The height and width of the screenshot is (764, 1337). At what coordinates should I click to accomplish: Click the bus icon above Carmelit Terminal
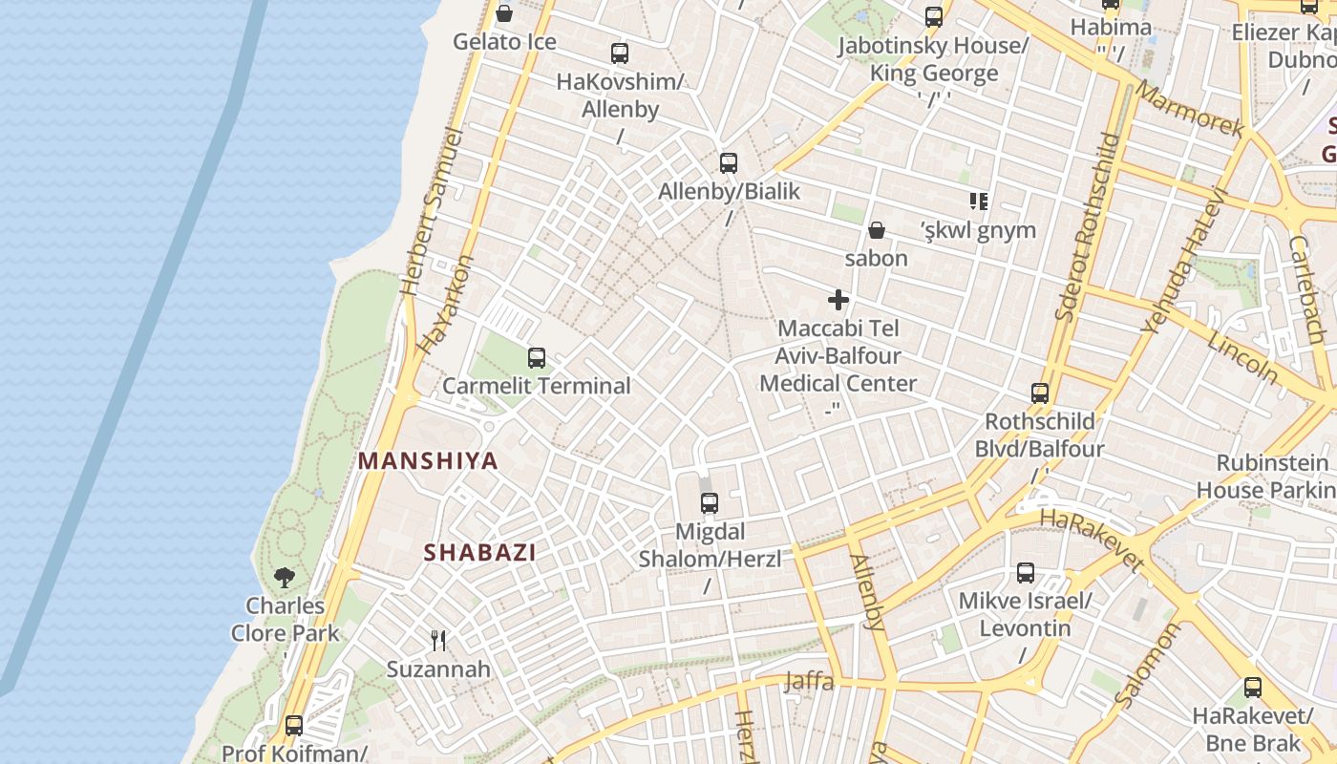537,358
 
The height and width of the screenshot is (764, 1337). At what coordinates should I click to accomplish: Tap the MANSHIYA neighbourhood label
428,461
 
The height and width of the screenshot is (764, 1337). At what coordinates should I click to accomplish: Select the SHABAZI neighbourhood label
479,552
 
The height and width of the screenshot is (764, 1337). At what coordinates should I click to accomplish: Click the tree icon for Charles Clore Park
285,577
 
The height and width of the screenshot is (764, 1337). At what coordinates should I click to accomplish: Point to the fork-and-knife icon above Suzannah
438,640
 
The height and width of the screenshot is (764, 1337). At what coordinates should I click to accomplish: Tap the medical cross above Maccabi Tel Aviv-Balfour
838,300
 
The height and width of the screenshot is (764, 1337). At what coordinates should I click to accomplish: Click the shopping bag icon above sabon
876,230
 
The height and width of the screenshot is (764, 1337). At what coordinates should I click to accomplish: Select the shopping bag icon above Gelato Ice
503,13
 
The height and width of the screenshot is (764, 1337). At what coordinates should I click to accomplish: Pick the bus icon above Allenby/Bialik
729,163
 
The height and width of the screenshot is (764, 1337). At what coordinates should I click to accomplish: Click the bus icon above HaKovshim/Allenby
620,53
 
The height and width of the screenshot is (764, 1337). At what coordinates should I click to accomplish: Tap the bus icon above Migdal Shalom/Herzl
709,503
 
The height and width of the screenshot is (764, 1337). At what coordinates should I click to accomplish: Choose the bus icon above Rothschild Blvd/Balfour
1039,393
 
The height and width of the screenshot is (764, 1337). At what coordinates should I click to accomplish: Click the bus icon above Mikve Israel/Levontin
1025,573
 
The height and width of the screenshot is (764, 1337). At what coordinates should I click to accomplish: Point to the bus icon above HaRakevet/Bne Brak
1252,688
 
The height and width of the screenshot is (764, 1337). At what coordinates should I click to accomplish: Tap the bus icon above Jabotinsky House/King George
933,17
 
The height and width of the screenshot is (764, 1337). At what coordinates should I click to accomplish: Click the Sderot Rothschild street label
1087,226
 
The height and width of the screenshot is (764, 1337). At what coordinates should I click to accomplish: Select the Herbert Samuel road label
426,211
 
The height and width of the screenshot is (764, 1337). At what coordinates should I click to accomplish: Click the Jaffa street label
809,682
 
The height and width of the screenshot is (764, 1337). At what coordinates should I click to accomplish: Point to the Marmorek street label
1190,110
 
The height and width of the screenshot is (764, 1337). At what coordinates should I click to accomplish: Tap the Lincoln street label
1241,357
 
